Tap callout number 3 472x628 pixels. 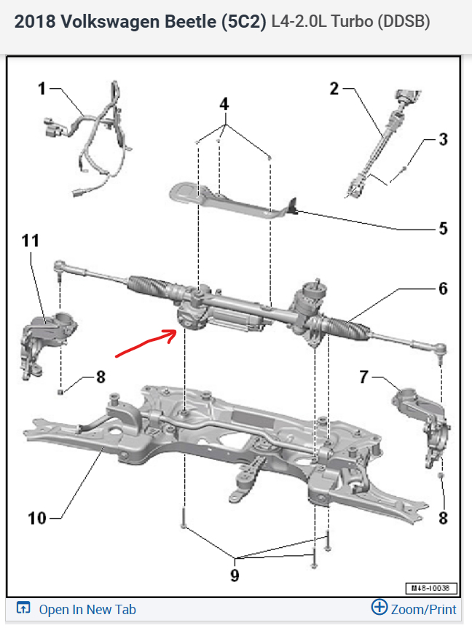[443, 139]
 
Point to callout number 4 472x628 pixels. [224, 104]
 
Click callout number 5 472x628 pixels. [443, 228]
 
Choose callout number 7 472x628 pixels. [363, 377]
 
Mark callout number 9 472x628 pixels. [235, 575]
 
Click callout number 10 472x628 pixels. [37, 518]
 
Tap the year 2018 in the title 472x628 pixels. [34, 22]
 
